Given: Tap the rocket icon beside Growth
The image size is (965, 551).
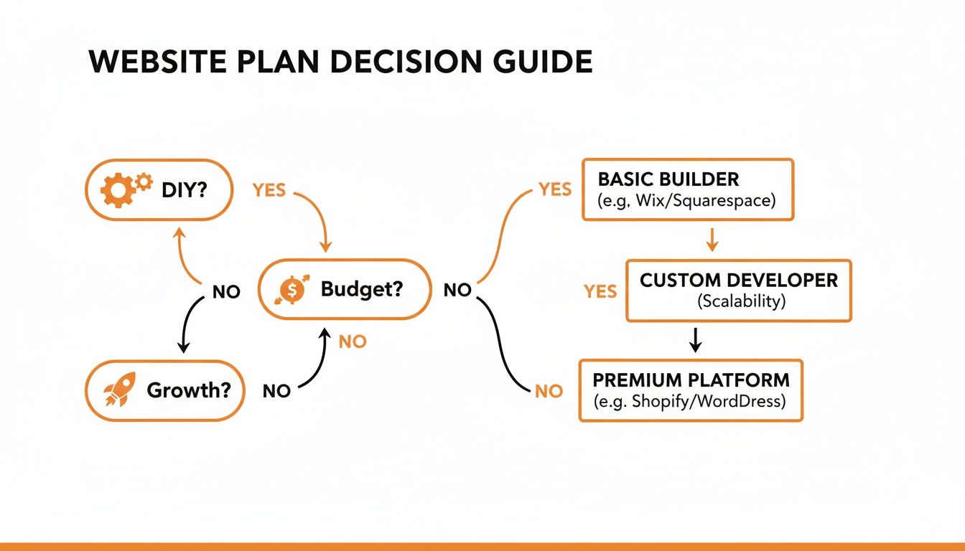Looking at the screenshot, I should [x=116, y=391].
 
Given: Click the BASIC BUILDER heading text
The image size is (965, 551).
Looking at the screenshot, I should [x=668, y=179].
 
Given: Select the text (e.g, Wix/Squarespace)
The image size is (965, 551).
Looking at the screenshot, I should [x=686, y=201].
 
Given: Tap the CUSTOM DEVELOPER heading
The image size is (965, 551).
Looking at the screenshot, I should [x=739, y=280].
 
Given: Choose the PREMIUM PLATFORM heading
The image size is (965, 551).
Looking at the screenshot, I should [x=691, y=380].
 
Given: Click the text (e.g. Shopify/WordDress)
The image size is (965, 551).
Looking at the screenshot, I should [x=690, y=402].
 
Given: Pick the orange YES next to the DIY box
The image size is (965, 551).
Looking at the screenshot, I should [x=269, y=190].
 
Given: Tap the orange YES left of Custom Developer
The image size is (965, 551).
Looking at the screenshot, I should [x=600, y=291].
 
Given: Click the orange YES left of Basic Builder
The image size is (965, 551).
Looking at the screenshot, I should [x=555, y=189].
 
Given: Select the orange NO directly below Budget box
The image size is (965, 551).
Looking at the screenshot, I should [x=353, y=342].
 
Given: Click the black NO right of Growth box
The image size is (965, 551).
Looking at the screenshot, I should [x=276, y=391].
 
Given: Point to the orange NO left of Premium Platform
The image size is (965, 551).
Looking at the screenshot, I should [x=549, y=391].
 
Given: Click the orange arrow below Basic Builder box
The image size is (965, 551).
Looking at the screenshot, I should [x=712, y=239].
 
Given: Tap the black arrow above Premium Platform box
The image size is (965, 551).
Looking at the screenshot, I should [x=694, y=340].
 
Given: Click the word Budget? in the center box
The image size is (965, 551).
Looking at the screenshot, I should [x=362, y=289].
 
